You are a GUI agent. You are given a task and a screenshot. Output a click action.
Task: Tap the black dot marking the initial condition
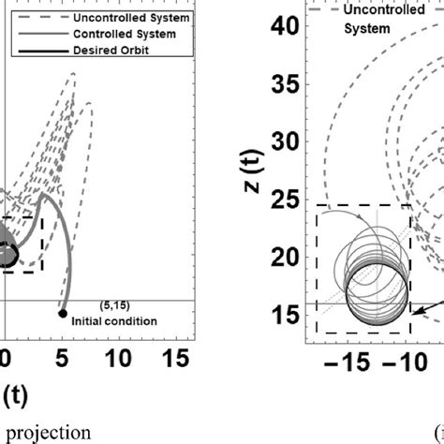(62, 313)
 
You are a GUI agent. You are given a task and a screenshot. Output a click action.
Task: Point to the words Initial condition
(118, 321)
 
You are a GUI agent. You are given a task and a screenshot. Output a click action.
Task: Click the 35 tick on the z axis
(288, 85)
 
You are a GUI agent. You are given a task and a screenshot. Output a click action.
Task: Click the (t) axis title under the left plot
(19, 392)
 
